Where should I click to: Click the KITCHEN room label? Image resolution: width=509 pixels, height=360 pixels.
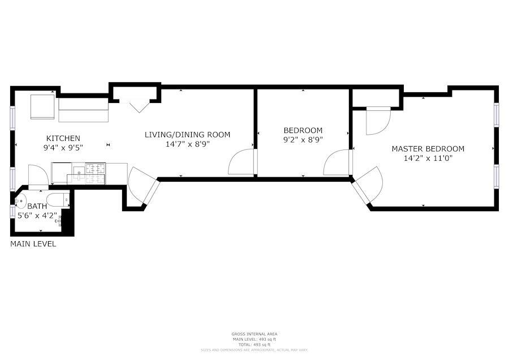tap(63, 138)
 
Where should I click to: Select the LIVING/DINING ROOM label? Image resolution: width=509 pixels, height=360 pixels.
tap(187, 135)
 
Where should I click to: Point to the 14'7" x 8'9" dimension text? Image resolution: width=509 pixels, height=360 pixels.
tap(187, 144)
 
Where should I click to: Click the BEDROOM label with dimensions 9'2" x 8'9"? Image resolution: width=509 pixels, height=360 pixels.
tap(303, 130)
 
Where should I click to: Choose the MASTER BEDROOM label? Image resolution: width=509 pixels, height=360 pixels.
tap(428, 149)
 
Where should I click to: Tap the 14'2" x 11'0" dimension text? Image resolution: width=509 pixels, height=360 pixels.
tap(428, 158)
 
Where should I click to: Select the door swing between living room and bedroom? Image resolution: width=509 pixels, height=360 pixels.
tap(241, 162)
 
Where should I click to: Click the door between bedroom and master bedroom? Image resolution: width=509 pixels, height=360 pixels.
tap(337, 162)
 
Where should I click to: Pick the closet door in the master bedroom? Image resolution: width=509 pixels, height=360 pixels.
tap(377, 120)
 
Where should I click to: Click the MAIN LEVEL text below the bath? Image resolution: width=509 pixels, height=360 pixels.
tap(33, 245)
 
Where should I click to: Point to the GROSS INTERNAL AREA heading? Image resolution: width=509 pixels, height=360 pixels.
tap(254, 334)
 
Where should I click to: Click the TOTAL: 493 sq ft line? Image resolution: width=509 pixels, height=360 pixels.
tap(254, 345)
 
